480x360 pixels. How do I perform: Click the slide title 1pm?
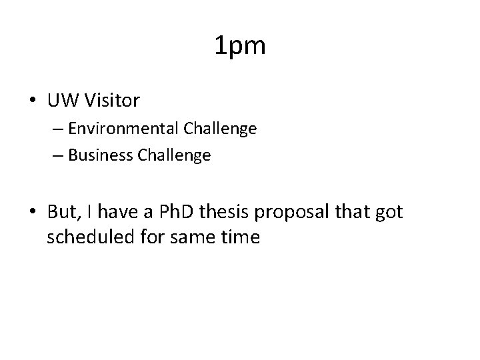[x=240, y=46]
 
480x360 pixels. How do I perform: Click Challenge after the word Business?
[x=174, y=155]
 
